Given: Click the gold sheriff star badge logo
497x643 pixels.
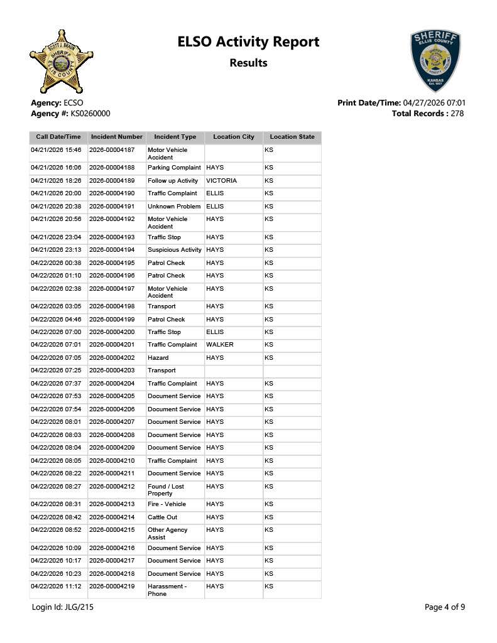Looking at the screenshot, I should pyautogui.click(x=61, y=62).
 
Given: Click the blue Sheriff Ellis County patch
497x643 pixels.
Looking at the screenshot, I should pyautogui.click(x=435, y=61).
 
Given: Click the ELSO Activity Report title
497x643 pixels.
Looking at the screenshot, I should pyautogui.click(x=248, y=42).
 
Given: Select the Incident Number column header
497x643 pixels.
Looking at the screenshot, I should pyautogui.click(x=117, y=137).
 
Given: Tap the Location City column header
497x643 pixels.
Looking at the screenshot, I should pyautogui.click(x=234, y=137).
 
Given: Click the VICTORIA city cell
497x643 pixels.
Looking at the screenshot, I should pyautogui.click(x=221, y=181).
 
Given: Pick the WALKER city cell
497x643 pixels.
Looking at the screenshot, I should pyautogui.click(x=219, y=345).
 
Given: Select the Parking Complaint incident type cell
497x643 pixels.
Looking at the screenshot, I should pyautogui.click(x=174, y=168).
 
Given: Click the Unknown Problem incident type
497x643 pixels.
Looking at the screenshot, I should pyautogui.click(x=174, y=207).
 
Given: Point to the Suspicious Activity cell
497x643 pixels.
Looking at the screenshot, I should pyautogui.click(x=174, y=250).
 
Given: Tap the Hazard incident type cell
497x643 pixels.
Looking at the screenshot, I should pyautogui.click(x=158, y=358).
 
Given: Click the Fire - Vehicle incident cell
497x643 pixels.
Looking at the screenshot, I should pyautogui.click(x=167, y=504).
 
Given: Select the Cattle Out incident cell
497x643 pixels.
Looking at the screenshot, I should pyautogui.click(x=162, y=517).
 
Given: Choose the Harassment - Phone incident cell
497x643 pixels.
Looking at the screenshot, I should pyautogui.click(x=167, y=590).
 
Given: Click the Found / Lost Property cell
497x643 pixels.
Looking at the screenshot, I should pyautogui.click(x=165, y=490).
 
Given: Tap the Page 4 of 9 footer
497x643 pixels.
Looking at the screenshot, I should pyautogui.click(x=445, y=607).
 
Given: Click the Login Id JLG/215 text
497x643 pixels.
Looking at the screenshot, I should pyautogui.click(x=63, y=607).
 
